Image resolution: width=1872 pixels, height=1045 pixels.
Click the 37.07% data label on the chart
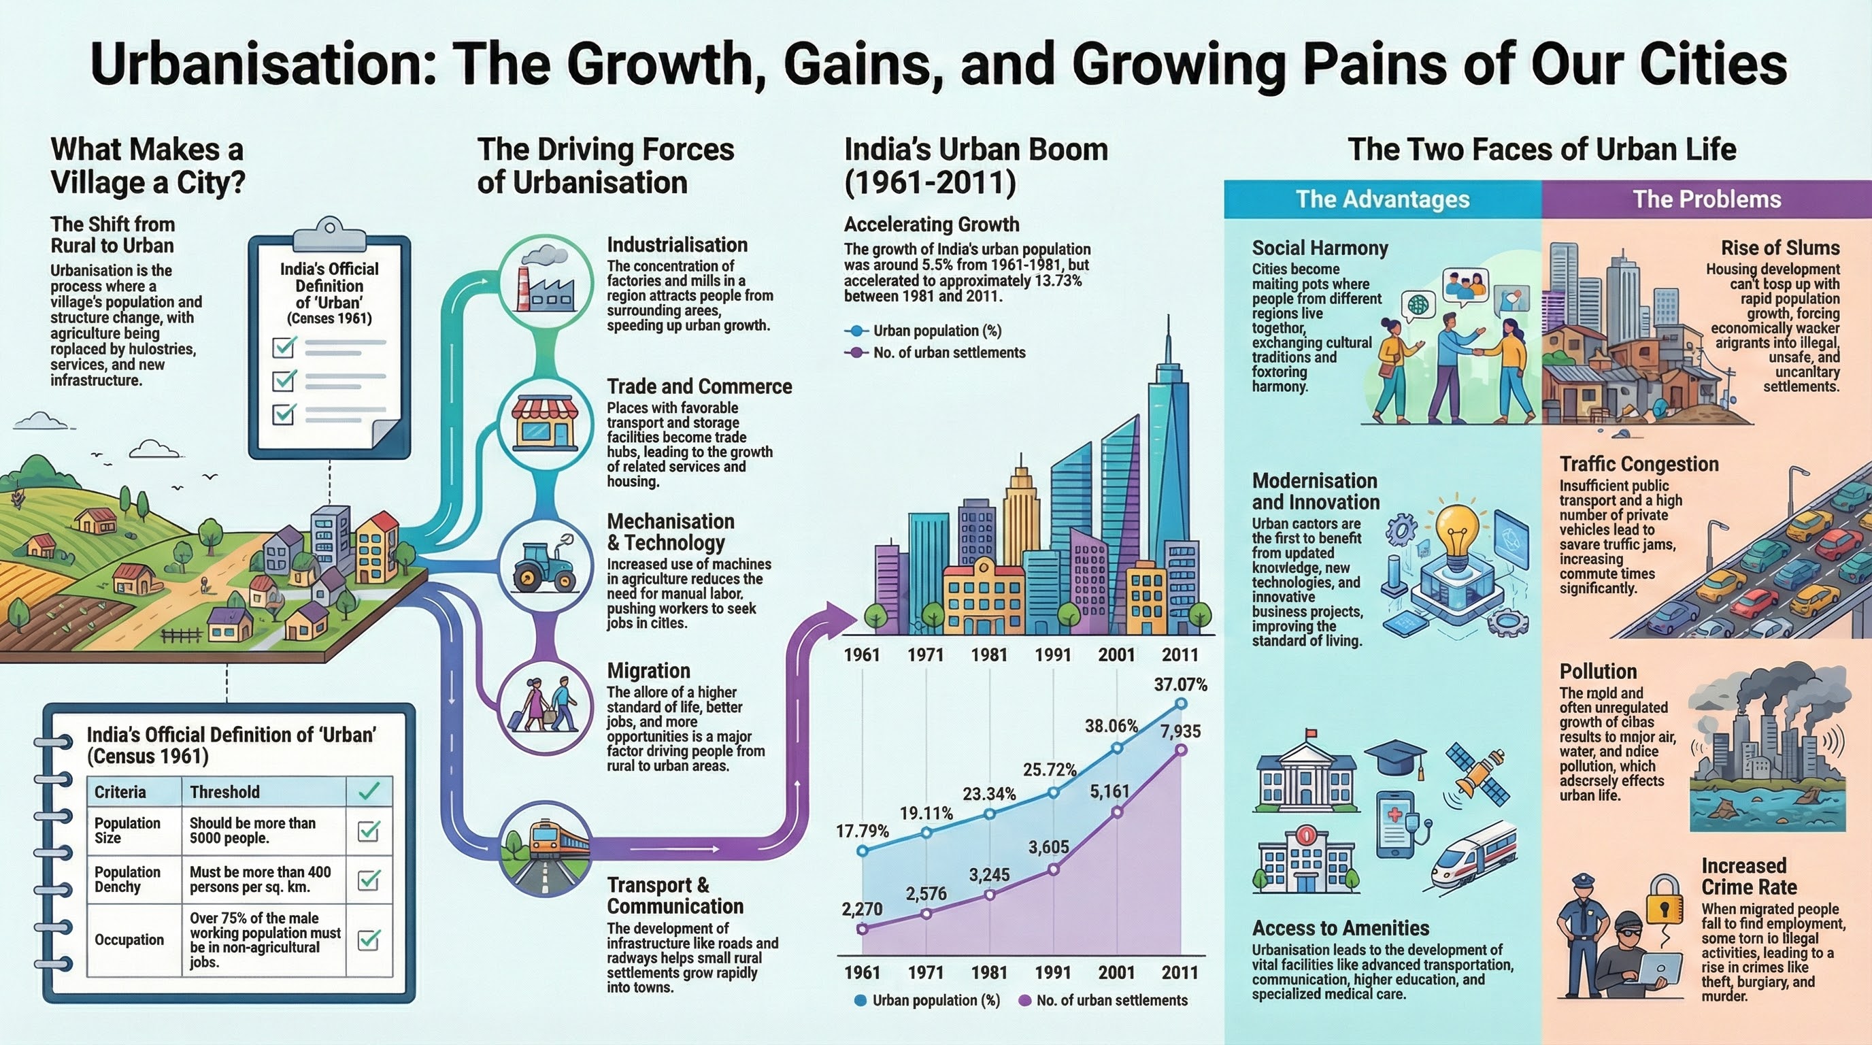point(1180,684)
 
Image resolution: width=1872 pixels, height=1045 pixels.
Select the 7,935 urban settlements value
point(1180,731)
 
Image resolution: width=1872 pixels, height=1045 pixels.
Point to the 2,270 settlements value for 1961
point(862,908)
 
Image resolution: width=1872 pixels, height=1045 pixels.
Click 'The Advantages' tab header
point(1382,199)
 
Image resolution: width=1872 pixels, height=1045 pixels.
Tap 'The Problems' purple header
point(1706,199)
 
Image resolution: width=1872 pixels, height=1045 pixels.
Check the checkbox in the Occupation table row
point(369,940)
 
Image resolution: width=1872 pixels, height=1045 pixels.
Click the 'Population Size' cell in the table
point(128,830)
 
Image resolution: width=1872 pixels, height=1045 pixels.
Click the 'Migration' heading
point(648,670)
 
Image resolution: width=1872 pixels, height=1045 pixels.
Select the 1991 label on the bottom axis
point(1052,972)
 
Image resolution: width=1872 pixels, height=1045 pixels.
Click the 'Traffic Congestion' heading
point(1639,463)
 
